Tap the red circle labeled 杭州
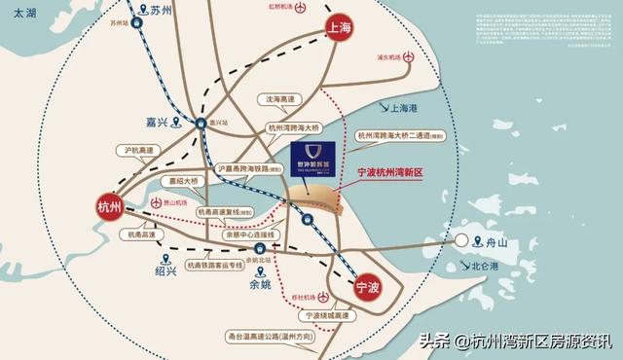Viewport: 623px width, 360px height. (110, 207)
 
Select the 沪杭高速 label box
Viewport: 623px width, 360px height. (142, 151)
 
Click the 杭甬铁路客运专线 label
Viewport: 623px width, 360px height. (224, 263)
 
